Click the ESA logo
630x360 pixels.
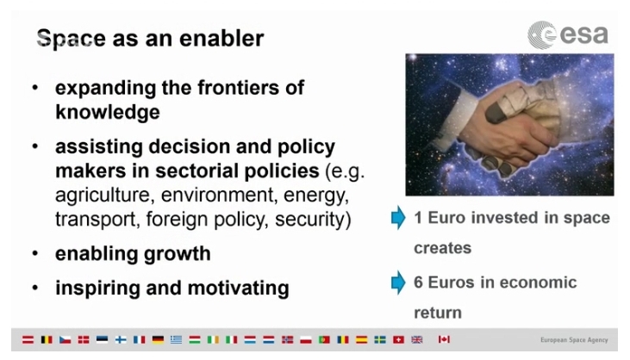567,35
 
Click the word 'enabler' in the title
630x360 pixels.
221,39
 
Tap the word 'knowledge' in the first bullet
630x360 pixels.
107,112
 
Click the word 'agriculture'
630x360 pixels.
103,196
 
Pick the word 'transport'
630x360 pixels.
97,220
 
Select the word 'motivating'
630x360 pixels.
238,289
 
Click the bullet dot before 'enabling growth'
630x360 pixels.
35,254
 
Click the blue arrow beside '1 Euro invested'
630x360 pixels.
398,218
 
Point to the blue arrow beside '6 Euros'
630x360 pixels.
398,282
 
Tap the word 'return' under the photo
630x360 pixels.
438,313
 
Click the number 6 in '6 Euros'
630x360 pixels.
418,282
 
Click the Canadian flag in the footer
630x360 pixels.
444,339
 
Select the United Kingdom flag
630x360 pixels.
417,339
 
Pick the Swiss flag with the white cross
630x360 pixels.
398,339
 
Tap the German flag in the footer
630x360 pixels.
158,339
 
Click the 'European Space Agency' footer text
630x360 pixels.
574,340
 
